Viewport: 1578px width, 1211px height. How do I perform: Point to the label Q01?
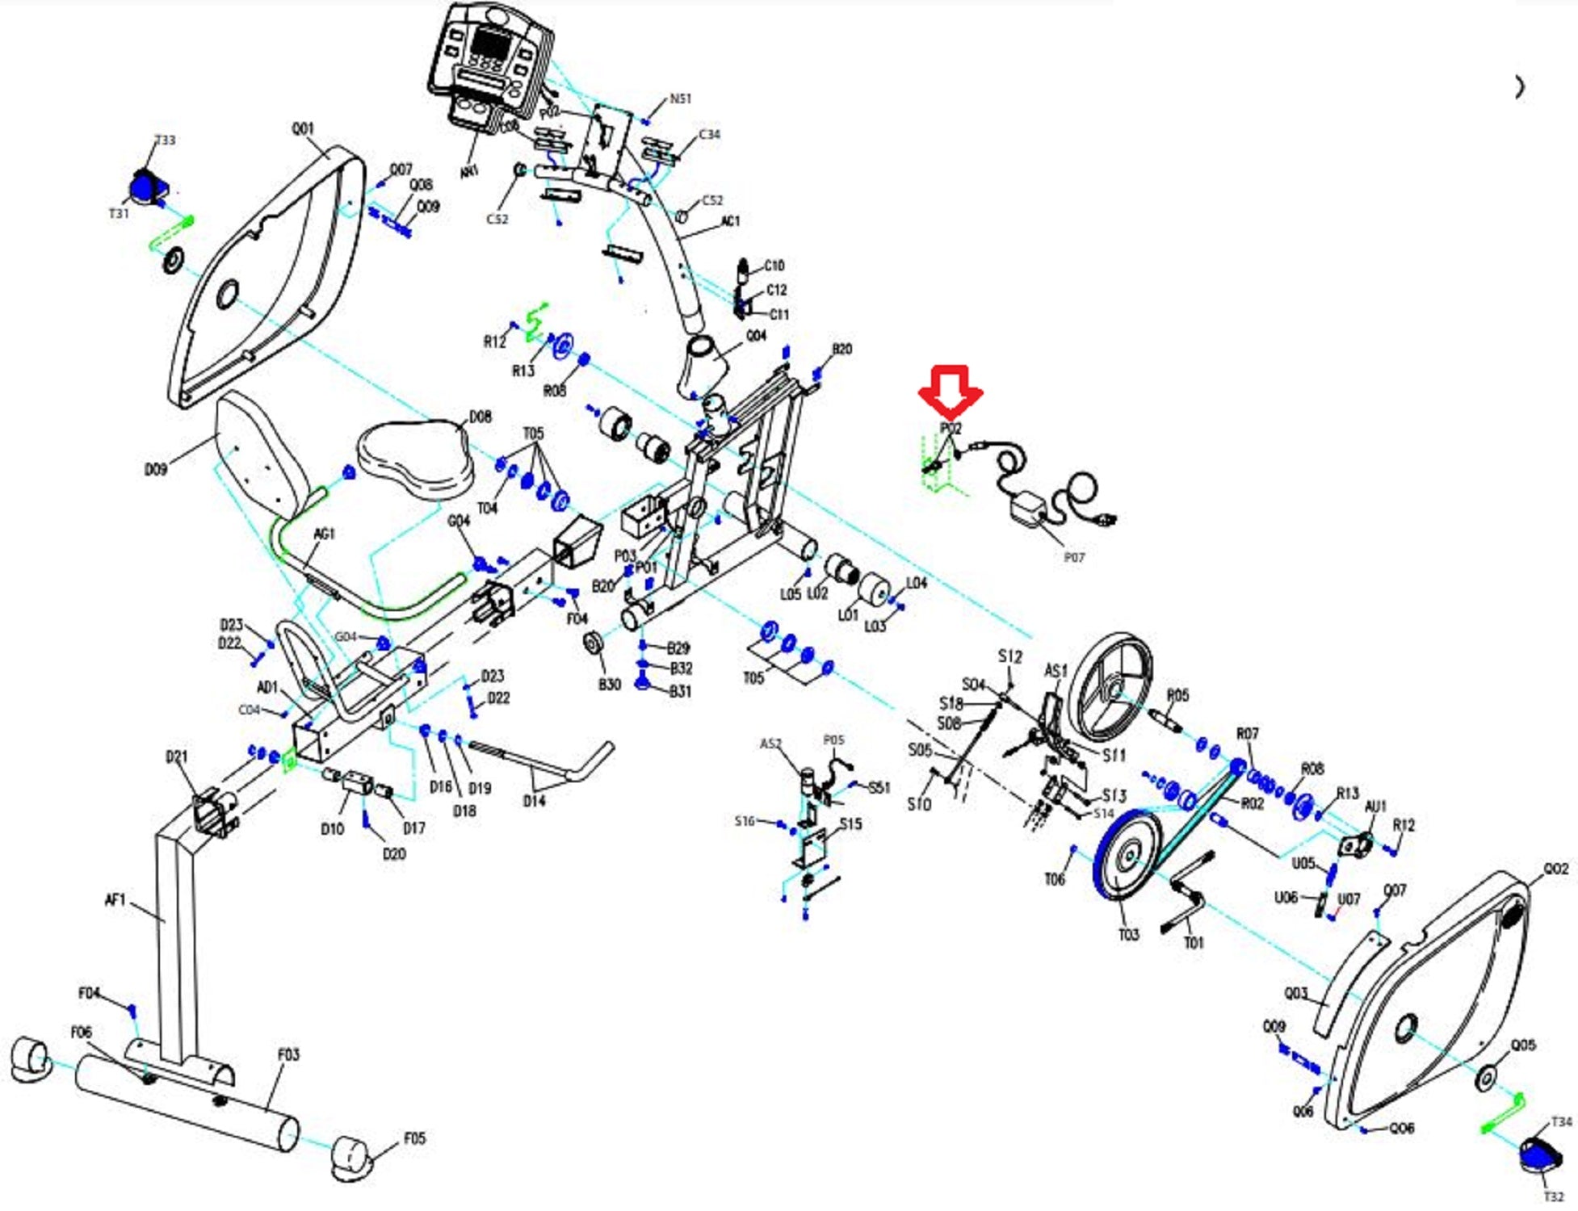tap(303, 129)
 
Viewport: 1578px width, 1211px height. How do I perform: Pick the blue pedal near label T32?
tap(1539, 1157)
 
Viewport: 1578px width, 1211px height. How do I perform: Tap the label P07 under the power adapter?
tap(1074, 558)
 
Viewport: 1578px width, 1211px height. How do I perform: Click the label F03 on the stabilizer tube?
tap(288, 1054)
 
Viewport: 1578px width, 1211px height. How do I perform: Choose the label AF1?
tap(115, 899)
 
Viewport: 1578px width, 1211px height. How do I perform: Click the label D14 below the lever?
tap(534, 801)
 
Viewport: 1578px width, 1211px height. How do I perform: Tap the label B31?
tap(680, 692)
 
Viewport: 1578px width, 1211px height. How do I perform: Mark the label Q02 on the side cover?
tap(1555, 869)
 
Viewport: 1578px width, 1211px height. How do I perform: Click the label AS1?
tap(1055, 671)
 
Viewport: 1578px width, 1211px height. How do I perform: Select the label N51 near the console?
tap(680, 98)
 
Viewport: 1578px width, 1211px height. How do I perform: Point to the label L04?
tap(916, 583)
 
